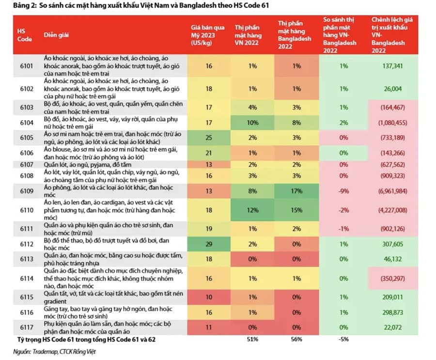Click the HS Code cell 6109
click(x=27, y=191)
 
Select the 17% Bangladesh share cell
click(x=296, y=191)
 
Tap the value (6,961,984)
click(x=392, y=191)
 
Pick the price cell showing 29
click(x=209, y=244)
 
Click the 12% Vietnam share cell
click(x=252, y=210)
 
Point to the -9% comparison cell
click(x=343, y=191)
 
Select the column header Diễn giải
click(x=56, y=35)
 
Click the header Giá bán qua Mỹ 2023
click(x=207, y=35)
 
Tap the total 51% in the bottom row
click(x=252, y=339)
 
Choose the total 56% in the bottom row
click(x=296, y=339)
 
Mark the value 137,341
click(x=392, y=66)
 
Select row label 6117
click(x=27, y=328)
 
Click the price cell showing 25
click(x=209, y=138)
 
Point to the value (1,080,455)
click(x=392, y=123)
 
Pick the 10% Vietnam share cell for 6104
click(x=252, y=123)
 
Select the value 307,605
click(x=392, y=244)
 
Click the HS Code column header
click(x=25, y=35)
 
